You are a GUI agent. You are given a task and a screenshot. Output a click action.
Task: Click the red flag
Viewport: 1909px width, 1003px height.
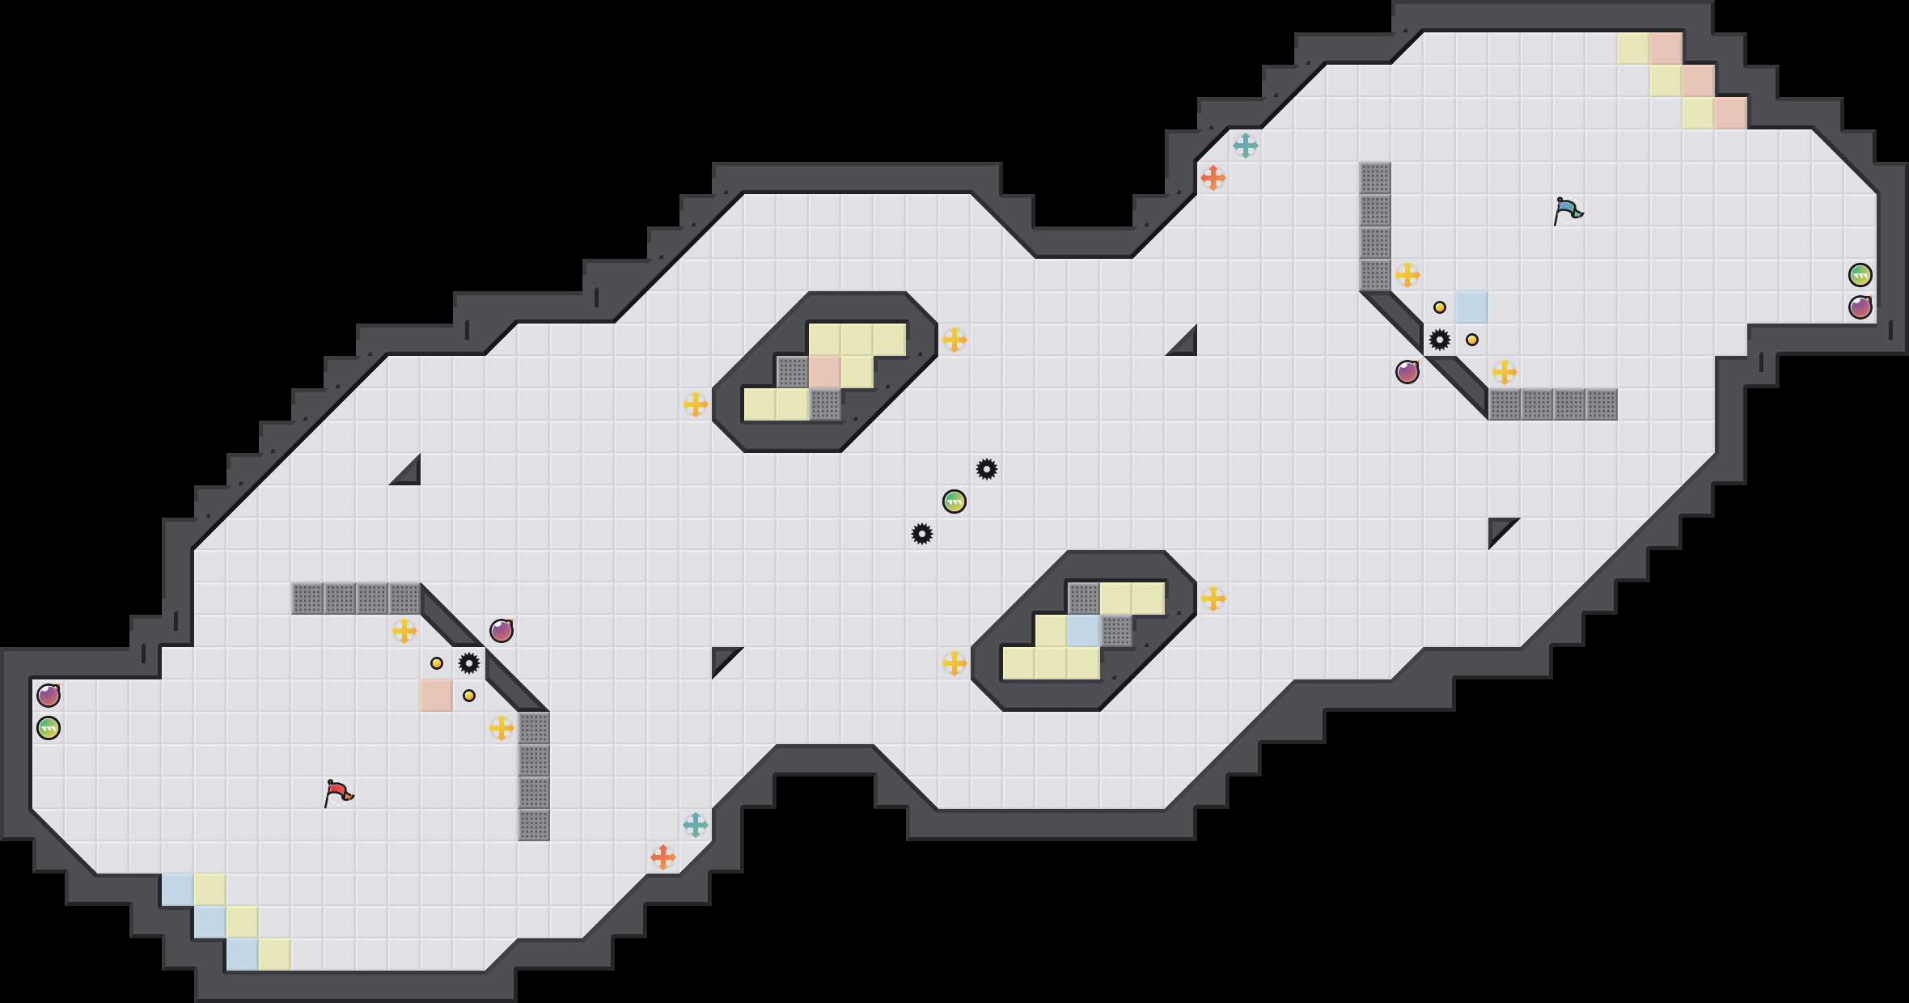tap(338, 793)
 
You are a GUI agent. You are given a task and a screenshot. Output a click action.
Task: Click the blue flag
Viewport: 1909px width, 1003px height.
tap(1568, 210)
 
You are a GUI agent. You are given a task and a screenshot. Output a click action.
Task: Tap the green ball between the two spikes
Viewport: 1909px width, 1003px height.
tap(954, 501)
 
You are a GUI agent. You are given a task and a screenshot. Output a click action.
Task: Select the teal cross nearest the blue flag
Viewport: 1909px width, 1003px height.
tap(1246, 146)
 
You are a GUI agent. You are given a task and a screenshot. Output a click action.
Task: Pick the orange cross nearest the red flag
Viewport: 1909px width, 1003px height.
tap(663, 857)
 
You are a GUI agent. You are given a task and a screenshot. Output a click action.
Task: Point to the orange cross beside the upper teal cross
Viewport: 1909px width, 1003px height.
tap(1213, 178)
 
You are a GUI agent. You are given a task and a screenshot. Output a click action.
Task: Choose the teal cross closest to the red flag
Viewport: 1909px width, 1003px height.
tap(696, 825)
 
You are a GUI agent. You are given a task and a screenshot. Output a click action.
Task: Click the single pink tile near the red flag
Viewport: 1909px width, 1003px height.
tap(437, 696)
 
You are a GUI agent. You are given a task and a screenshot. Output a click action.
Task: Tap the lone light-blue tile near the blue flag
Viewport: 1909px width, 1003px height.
tap(1472, 307)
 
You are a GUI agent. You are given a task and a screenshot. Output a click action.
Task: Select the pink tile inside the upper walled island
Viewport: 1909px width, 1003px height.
tap(825, 372)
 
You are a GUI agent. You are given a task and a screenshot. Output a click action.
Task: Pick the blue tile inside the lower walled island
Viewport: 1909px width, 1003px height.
tap(1084, 631)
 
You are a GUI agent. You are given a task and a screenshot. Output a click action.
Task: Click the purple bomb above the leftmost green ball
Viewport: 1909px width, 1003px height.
tap(49, 696)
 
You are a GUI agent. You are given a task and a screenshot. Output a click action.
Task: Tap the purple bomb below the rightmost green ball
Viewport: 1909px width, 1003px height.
tap(1860, 307)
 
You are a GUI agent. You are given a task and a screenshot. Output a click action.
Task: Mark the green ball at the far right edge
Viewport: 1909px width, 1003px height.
tap(1860, 275)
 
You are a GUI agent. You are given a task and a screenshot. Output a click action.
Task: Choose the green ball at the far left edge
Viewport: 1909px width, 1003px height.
tap(49, 728)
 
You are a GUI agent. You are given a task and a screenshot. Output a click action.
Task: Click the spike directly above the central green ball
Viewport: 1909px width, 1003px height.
tap(987, 469)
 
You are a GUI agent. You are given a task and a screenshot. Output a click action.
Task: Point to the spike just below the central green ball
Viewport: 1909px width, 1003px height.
tap(922, 534)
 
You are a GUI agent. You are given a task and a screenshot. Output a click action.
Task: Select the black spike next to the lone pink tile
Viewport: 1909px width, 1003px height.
tap(469, 663)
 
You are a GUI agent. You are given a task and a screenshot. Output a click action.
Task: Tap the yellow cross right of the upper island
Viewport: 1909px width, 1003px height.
tap(954, 340)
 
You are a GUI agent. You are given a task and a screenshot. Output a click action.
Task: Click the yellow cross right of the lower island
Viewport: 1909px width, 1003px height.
tap(1213, 599)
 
